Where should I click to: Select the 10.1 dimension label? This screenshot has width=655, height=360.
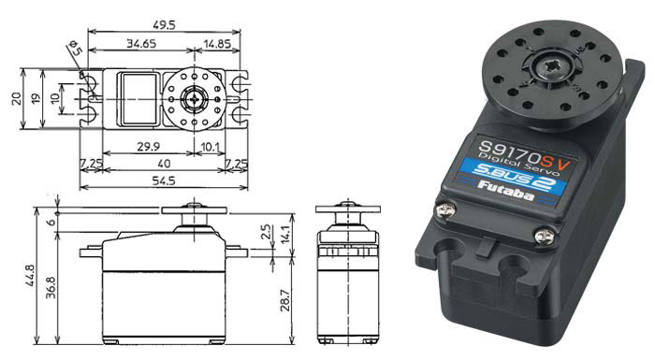[210, 147]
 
